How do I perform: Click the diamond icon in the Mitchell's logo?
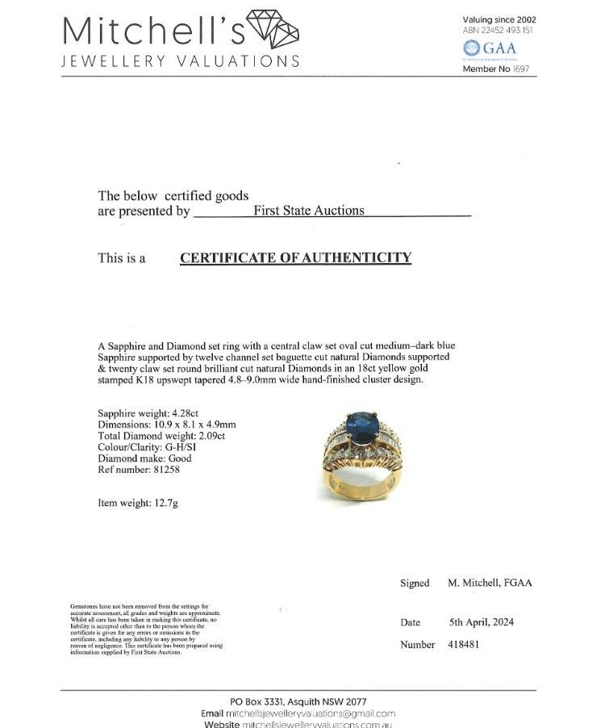pos(272,30)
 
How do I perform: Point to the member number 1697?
pos(520,69)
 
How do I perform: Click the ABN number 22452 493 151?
pos(509,30)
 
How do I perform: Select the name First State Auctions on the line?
pos(309,211)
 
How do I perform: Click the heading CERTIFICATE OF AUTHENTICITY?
pos(295,258)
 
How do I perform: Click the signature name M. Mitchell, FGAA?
pos(490,583)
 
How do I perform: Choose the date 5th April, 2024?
pos(482,622)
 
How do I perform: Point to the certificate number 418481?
pos(463,644)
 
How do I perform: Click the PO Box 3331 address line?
pos(298,701)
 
